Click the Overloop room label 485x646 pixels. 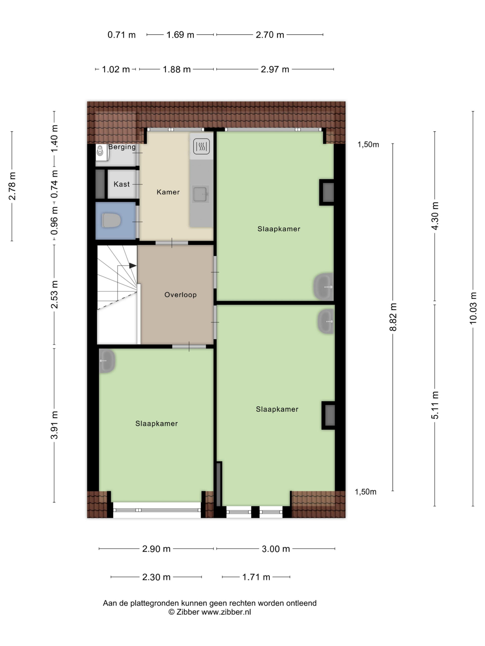[x=180, y=295]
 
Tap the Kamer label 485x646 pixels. [x=168, y=192]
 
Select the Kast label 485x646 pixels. [x=122, y=184]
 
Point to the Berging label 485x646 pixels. [x=122, y=147]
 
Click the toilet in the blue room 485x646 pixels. [x=111, y=221]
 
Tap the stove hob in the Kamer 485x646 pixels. [x=201, y=146]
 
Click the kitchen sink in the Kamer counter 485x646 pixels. [x=201, y=194]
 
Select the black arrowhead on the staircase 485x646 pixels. [x=133, y=265]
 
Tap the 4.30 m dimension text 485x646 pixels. [x=435, y=216]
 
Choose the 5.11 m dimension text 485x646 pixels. [x=435, y=405]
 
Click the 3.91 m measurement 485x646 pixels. [x=54, y=425]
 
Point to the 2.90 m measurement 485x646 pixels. [x=156, y=549]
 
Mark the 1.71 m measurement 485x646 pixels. [x=256, y=577]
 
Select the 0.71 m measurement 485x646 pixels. [x=122, y=35]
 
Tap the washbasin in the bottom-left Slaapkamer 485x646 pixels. [x=107, y=361]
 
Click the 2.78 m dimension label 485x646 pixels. [x=12, y=186]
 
